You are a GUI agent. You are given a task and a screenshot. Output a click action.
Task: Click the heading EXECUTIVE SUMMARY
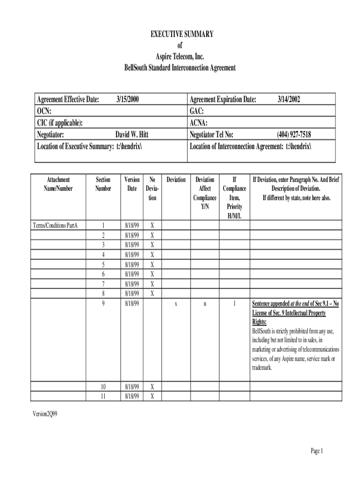[x=182, y=34]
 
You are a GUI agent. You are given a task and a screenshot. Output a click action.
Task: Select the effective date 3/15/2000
[x=128, y=99]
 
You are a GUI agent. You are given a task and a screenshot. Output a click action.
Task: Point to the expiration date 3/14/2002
[x=289, y=99]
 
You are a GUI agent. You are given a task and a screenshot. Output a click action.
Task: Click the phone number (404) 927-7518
[x=294, y=135]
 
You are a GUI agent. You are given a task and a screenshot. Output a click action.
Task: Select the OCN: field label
[x=44, y=111]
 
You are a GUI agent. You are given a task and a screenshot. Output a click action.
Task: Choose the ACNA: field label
[x=199, y=123]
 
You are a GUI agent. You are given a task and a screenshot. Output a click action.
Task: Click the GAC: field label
[x=197, y=111]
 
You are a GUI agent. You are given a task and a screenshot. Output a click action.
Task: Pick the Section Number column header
[x=103, y=184]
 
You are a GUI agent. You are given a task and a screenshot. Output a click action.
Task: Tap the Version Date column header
[x=132, y=184]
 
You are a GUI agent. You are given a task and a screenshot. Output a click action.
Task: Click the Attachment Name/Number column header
[x=58, y=184]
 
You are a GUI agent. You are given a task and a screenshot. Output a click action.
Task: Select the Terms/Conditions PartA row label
[x=55, y=225]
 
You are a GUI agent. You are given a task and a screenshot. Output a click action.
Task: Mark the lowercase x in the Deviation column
[x=176, y=304]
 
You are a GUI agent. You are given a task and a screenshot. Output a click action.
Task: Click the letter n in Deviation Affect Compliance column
[x=205, y=304]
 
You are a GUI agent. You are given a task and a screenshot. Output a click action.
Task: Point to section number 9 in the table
[x=103, y=304]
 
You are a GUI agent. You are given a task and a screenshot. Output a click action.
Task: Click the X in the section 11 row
[x=152, y=396]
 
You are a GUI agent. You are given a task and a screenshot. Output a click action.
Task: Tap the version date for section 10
[x=132, y=387]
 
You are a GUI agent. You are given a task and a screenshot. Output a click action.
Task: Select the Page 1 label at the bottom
[x=317, y=451]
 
